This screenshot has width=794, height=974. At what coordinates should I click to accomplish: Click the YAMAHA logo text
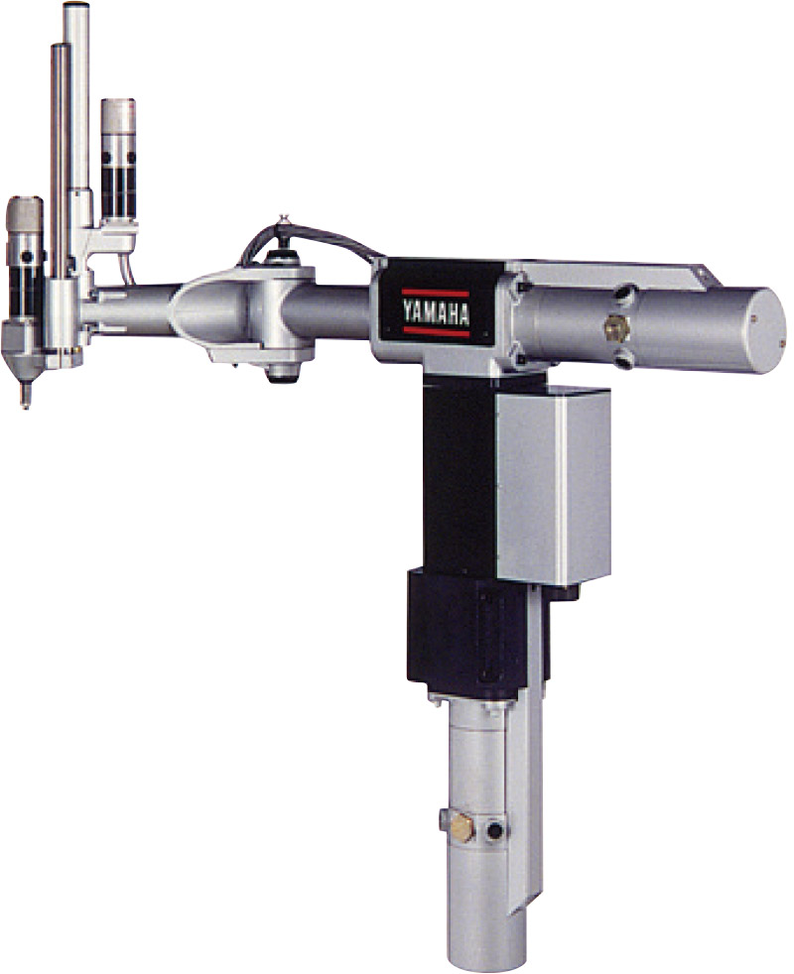point(436,311)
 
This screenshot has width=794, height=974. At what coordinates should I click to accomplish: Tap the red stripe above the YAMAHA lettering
point(435,292)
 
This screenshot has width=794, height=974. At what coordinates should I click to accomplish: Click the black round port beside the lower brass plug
point(495,829)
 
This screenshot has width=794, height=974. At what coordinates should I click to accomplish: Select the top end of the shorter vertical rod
point(61,46)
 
